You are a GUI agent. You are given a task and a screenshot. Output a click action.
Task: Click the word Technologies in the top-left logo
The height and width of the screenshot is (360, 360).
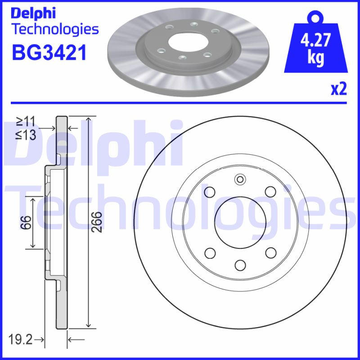tap(54, 29)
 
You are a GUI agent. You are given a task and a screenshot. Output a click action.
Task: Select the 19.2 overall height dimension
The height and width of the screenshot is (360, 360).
tap(21, 339)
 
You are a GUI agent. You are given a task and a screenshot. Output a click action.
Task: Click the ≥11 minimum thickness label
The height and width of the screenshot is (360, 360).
tap(26, 120)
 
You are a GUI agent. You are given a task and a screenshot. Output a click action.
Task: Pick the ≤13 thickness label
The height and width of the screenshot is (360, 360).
tap(26, 134)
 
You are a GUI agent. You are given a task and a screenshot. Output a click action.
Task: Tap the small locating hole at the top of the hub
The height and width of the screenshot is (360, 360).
tap(240, 181)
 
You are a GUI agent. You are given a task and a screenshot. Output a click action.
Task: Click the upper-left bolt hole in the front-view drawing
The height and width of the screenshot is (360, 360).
tap(209, 192)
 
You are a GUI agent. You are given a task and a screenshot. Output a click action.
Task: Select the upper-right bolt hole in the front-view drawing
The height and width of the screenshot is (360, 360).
tap(270, 192)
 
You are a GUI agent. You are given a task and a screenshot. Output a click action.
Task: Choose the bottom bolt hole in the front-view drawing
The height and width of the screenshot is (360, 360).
tap(240, 264)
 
